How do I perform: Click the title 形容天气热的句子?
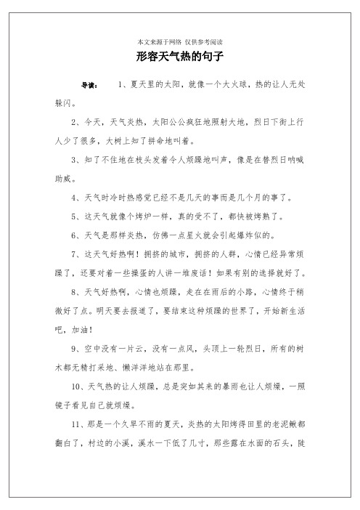pyautogui.click(x=179, y=55)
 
